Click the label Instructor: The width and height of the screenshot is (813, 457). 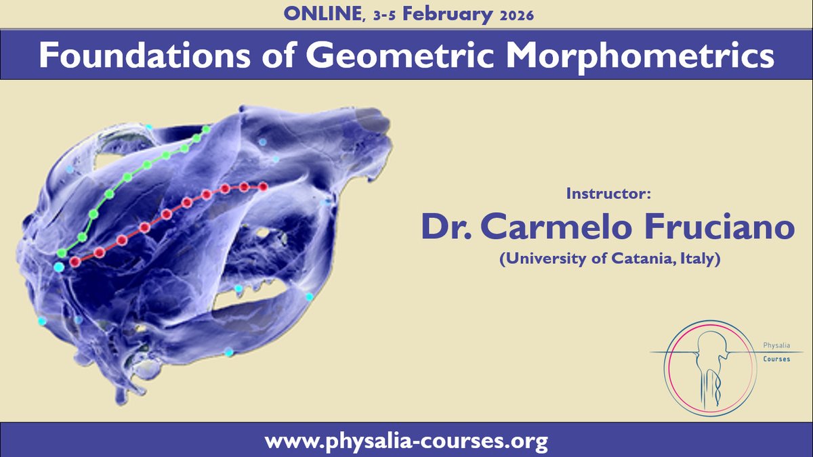(608, 195)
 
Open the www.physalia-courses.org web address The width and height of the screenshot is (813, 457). (406, 442)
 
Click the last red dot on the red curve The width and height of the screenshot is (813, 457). (264, 187)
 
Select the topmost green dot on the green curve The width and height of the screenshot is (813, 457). (207, 129)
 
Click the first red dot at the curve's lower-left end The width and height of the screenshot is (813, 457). (76, 261)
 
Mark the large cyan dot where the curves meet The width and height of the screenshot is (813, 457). (59, 267)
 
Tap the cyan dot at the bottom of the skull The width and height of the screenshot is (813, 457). (229, 352)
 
